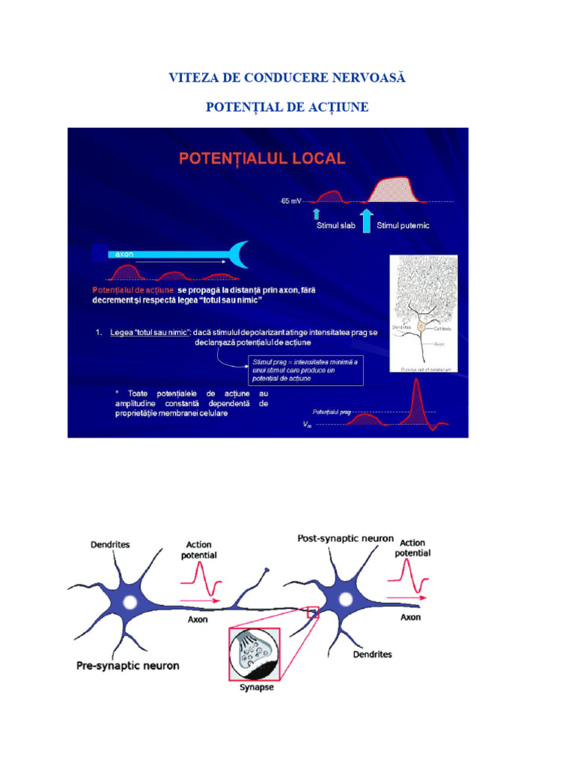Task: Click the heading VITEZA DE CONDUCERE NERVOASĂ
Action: coord(287,78)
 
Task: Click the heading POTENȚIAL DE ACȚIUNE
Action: coord(287,108)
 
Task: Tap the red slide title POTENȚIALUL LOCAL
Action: coord(261,159)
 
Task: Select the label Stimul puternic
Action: coord(403,225)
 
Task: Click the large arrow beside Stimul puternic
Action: coord(366,221)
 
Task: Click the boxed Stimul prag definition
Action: coord(305,370)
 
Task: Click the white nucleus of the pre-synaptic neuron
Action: coord(130,601)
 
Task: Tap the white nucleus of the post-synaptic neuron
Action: coord(345,599)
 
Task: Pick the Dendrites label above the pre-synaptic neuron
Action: coord(110,545)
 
